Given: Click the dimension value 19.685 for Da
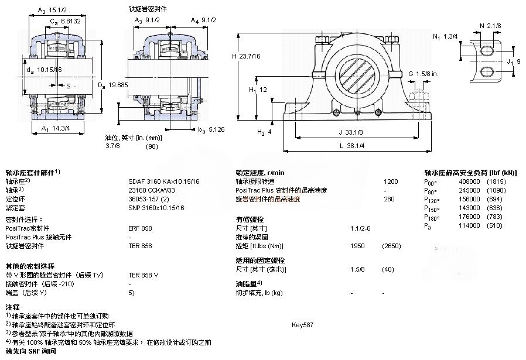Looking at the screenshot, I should pos(119,85).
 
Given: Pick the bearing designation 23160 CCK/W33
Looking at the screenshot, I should pos(152,190).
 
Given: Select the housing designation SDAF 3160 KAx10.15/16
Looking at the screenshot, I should pos(163,181).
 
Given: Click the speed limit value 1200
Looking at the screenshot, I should pos(390,181).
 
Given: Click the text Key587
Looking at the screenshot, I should pos(303,324).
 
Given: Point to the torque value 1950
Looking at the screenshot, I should pos(358,246).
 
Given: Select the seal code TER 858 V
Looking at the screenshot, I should pos(144,275).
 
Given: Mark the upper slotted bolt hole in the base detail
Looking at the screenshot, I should pos(487,51).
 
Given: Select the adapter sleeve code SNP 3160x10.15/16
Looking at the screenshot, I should pos(156,208).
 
